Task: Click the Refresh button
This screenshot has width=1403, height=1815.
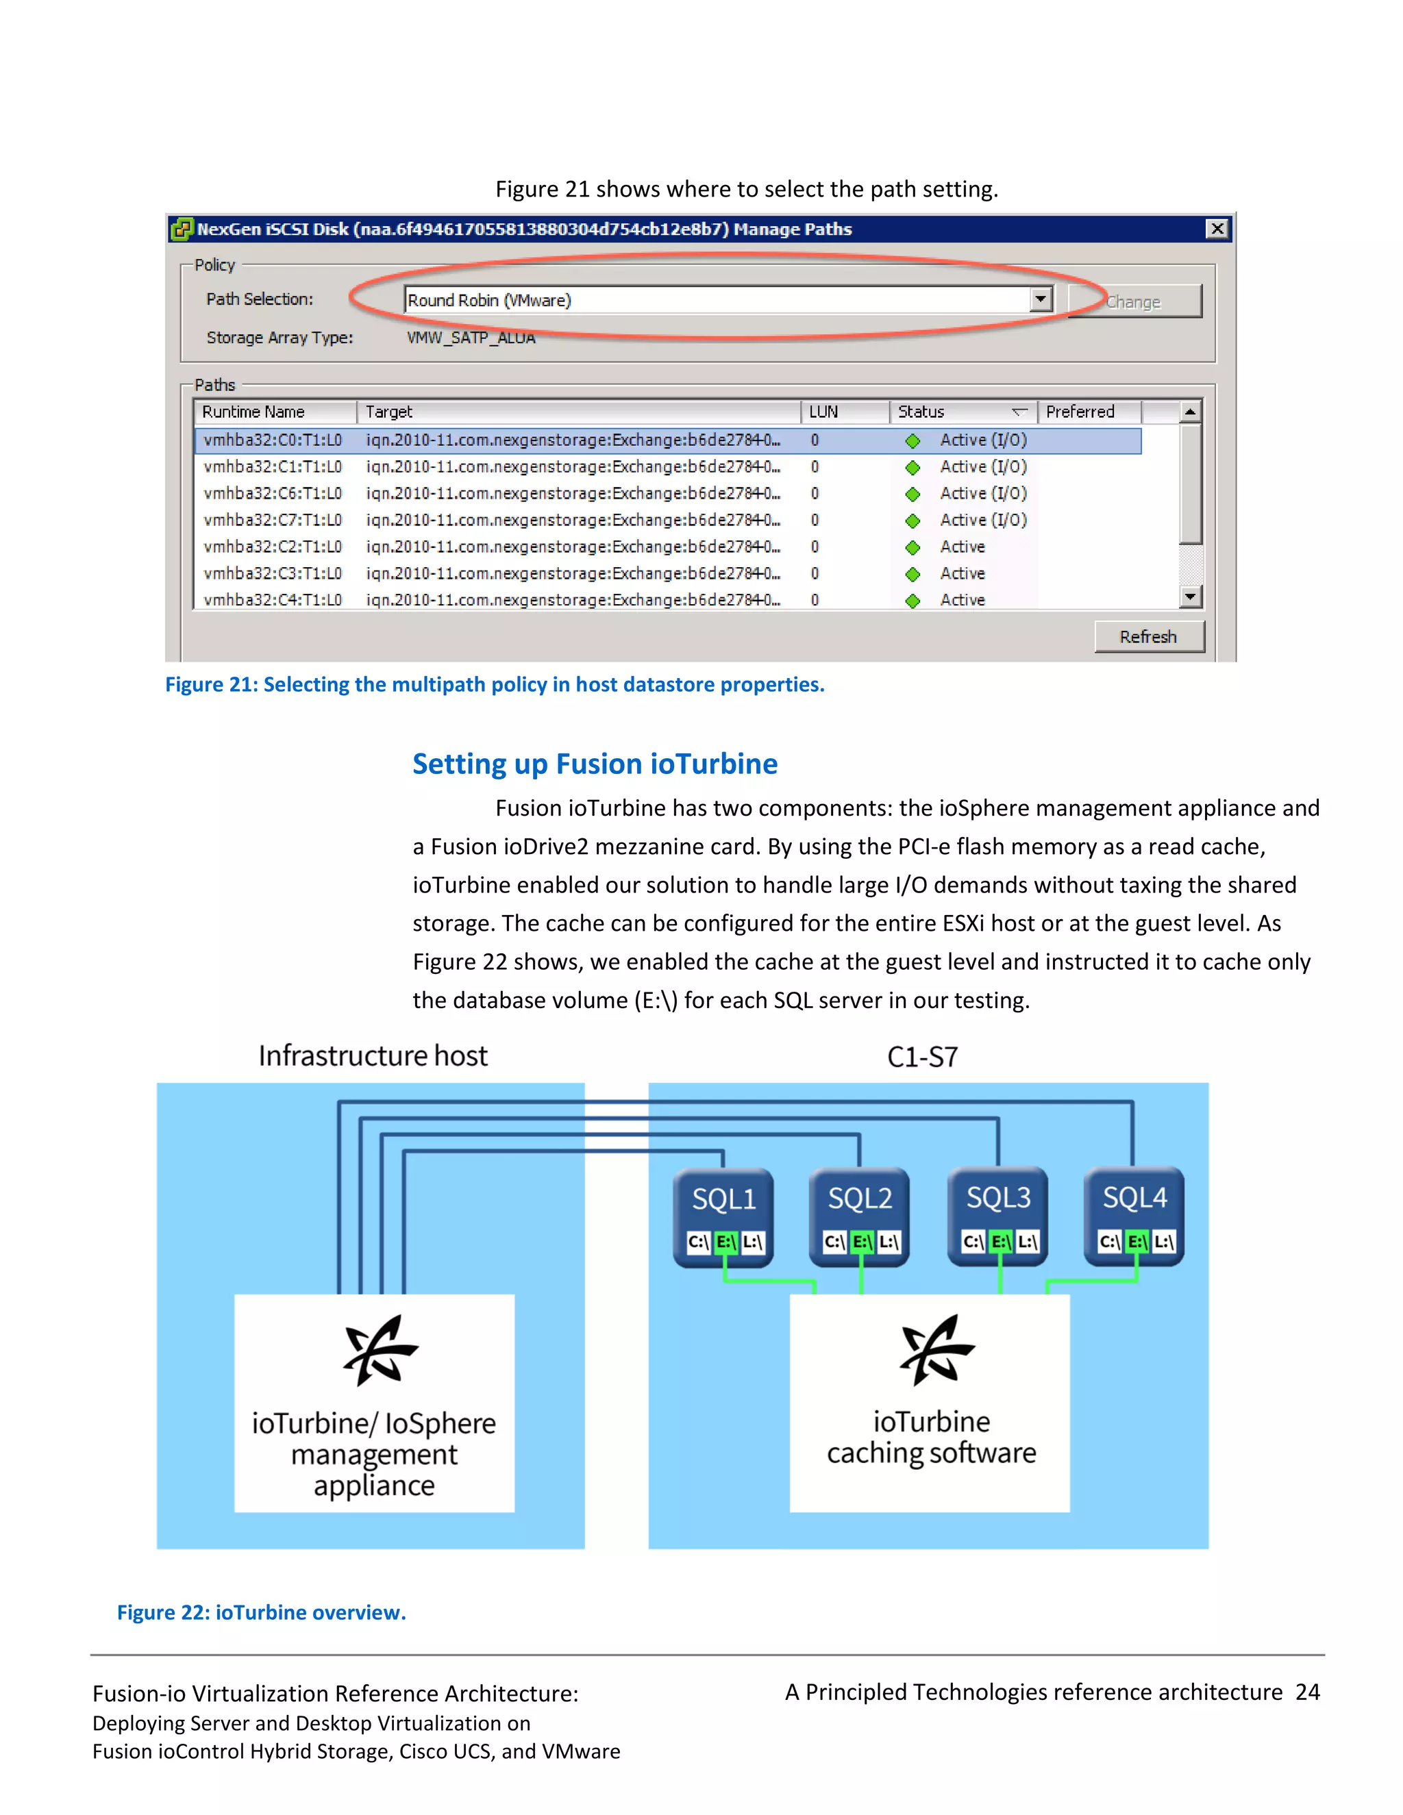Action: [1148, 636]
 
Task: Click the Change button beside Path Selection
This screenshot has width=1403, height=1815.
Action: [1134, 301]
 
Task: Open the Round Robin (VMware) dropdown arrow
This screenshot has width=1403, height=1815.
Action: [1040, 299]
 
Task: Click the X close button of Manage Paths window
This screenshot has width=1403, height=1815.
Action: [1217, 229]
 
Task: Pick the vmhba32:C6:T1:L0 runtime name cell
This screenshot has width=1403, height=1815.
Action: [273, 494]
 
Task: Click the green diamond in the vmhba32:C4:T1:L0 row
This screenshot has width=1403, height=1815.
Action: [912, 601]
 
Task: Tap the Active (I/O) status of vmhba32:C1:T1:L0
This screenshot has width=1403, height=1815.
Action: [983, 467]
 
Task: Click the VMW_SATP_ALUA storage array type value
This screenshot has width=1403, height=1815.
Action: [471, 338]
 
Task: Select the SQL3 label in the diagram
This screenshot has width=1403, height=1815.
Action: [997, 1197]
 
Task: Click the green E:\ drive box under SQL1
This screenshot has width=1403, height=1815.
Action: [725, 1242]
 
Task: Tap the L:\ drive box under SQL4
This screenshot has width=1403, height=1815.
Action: [1163, 1242]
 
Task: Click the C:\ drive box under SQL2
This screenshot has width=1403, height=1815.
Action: [834, 1242]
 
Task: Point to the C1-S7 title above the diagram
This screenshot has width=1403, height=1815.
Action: [923, 1057]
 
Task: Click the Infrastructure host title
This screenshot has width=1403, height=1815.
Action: [373, 1055]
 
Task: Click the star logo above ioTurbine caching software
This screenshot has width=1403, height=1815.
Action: [936, 1351]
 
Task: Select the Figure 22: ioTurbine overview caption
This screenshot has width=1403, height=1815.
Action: [261, 1612]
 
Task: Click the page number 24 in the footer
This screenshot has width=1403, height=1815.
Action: [1307, 1692]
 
